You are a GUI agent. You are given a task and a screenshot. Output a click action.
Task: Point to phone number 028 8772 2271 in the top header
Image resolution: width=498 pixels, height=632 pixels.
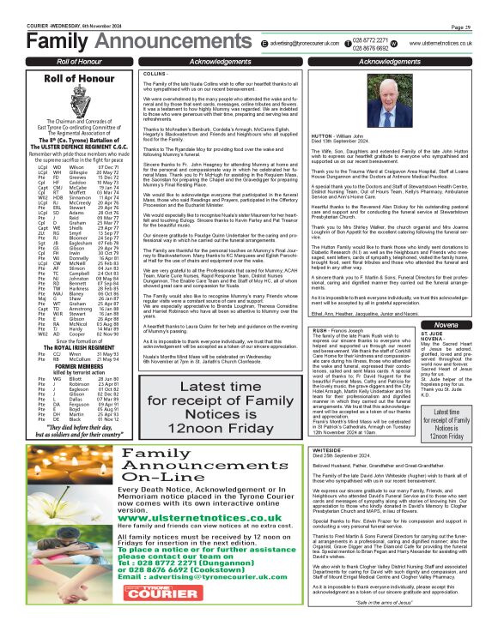[x=371, y=39]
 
